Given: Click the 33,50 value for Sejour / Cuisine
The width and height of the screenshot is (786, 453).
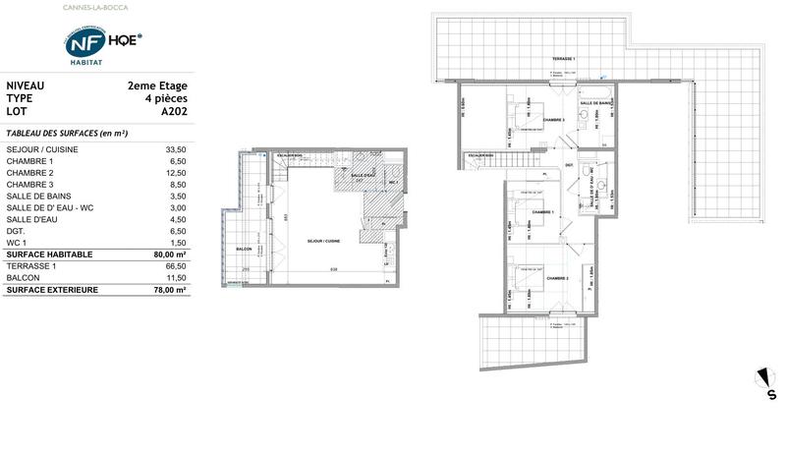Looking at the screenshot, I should (175, 147).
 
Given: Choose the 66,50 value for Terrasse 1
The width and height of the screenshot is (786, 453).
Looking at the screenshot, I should (175, 266).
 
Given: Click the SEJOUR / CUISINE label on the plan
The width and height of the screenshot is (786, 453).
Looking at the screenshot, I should (325, 241).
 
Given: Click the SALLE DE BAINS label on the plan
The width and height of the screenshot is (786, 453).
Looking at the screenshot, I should (597, 103).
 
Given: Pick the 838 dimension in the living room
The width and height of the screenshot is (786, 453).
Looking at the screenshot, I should (334, 270).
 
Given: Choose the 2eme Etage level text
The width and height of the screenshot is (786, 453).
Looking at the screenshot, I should (157, 85).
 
